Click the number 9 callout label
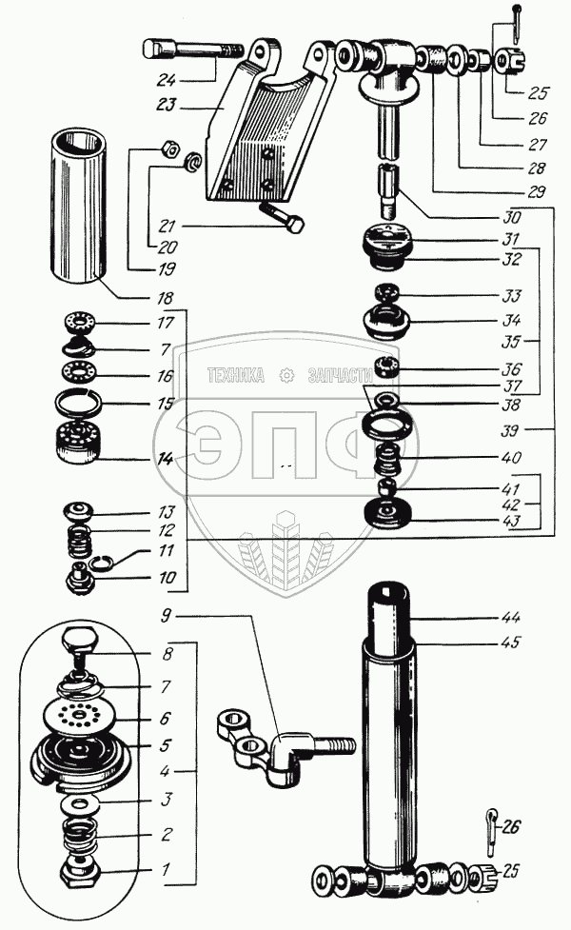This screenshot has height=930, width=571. [x=166, y=615]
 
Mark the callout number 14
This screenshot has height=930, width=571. [x=166, y=459]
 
